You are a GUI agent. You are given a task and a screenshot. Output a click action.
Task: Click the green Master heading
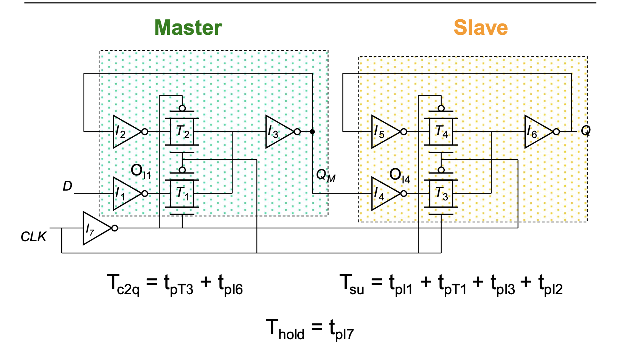tap(188, 28)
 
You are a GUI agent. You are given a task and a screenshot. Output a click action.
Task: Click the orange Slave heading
tap(481, 28)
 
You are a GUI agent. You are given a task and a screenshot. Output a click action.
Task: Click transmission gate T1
tap(182, 194)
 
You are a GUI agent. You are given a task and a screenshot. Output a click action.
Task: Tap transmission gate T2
tap(182, 132)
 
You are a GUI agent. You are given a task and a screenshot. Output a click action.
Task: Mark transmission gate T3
tap(441, 194)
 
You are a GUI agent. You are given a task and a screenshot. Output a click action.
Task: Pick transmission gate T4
tap(441, 132)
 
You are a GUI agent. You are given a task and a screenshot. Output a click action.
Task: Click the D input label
tap(67, 186)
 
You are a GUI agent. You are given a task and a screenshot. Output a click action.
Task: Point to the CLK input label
tap(33, 237)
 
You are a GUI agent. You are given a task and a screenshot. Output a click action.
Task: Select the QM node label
tap(326, 175)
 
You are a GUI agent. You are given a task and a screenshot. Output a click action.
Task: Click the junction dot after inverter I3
tap(312, 132)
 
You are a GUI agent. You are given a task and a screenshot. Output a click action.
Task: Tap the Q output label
tap(585, 131)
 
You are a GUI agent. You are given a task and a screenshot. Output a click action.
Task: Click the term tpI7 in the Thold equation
tap(341, 329)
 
